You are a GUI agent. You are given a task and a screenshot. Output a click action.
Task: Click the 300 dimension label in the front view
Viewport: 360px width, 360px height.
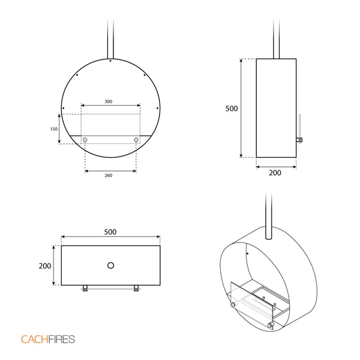[109, 101]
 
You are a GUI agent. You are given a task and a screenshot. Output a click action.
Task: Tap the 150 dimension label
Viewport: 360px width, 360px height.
[54, 129]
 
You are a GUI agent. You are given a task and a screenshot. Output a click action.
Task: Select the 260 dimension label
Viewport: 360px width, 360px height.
[109, 175]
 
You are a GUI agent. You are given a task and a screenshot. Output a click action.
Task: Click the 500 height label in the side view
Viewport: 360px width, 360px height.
[232, 109]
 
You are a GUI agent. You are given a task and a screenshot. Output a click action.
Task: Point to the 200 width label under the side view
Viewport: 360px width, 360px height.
[275, 173]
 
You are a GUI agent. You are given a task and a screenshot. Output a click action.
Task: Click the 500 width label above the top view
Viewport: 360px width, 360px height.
[110, 232]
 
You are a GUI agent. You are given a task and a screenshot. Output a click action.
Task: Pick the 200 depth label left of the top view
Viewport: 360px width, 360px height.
[45, 266]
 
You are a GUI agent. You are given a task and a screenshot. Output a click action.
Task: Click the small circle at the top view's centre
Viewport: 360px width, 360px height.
[110, 265]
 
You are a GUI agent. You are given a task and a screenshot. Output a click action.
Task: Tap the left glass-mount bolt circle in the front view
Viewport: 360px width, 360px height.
[85, 140]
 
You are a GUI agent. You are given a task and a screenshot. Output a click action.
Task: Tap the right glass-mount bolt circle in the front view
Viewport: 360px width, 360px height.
[136, 140]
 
